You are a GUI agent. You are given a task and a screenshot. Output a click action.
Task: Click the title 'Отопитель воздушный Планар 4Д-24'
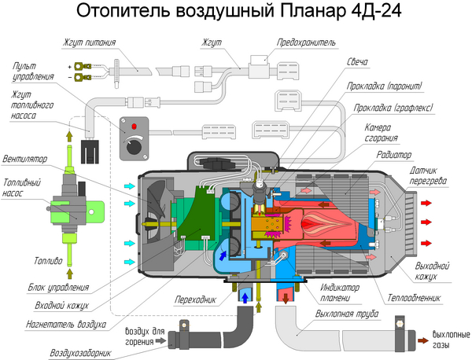[236, 13]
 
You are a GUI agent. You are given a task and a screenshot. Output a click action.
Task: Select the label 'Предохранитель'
[307, 41]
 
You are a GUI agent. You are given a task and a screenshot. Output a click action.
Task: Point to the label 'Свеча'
[358, 62]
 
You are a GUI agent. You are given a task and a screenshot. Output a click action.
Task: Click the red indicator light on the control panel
[134, 126]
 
